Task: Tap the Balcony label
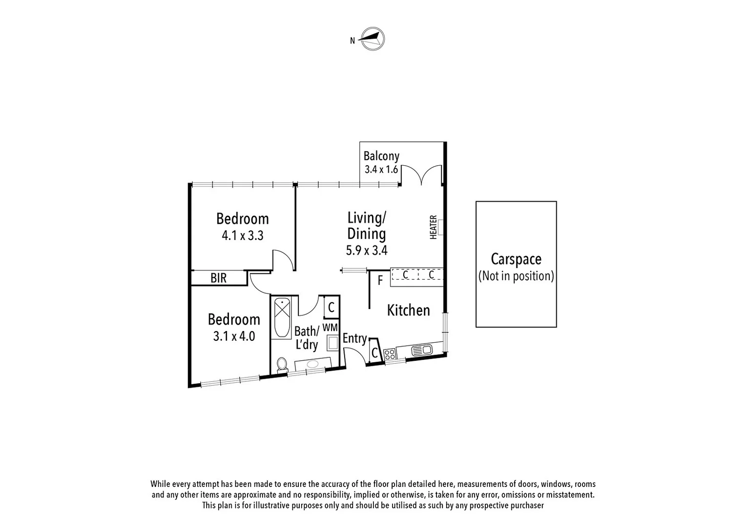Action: [381, 156]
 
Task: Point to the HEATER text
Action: [433, 227]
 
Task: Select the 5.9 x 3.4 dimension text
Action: [367, 251]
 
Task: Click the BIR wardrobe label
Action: [218, 278]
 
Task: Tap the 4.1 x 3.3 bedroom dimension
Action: [242, 236]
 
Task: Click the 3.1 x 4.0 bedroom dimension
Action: [234, 336]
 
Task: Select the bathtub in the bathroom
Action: [282, 318]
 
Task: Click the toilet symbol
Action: [282, 364]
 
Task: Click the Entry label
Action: [354, 338]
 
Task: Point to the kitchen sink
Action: [421, 350]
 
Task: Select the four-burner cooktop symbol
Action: [390, 355]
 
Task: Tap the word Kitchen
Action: [408, 310]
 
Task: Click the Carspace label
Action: [516, 259]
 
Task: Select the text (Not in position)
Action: [516, 276]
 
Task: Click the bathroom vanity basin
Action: [312, 364]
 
